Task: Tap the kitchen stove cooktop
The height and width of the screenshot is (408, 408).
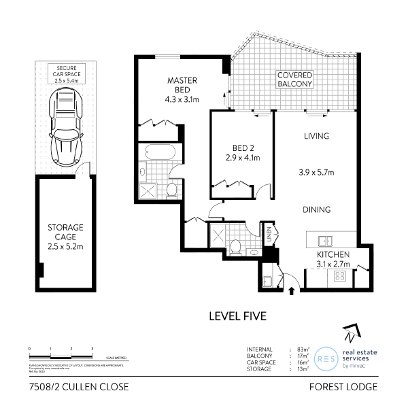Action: (x=339, y=277)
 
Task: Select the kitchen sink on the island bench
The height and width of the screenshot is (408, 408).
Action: (x=326, y=240)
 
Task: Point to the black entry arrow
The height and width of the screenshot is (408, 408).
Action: (x=292, y=290)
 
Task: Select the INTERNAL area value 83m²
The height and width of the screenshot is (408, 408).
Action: (x=302, y=349)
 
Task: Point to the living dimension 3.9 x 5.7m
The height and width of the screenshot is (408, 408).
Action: (x=316, y=173)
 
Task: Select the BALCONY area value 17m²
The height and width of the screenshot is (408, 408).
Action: (x=302, y=355)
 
